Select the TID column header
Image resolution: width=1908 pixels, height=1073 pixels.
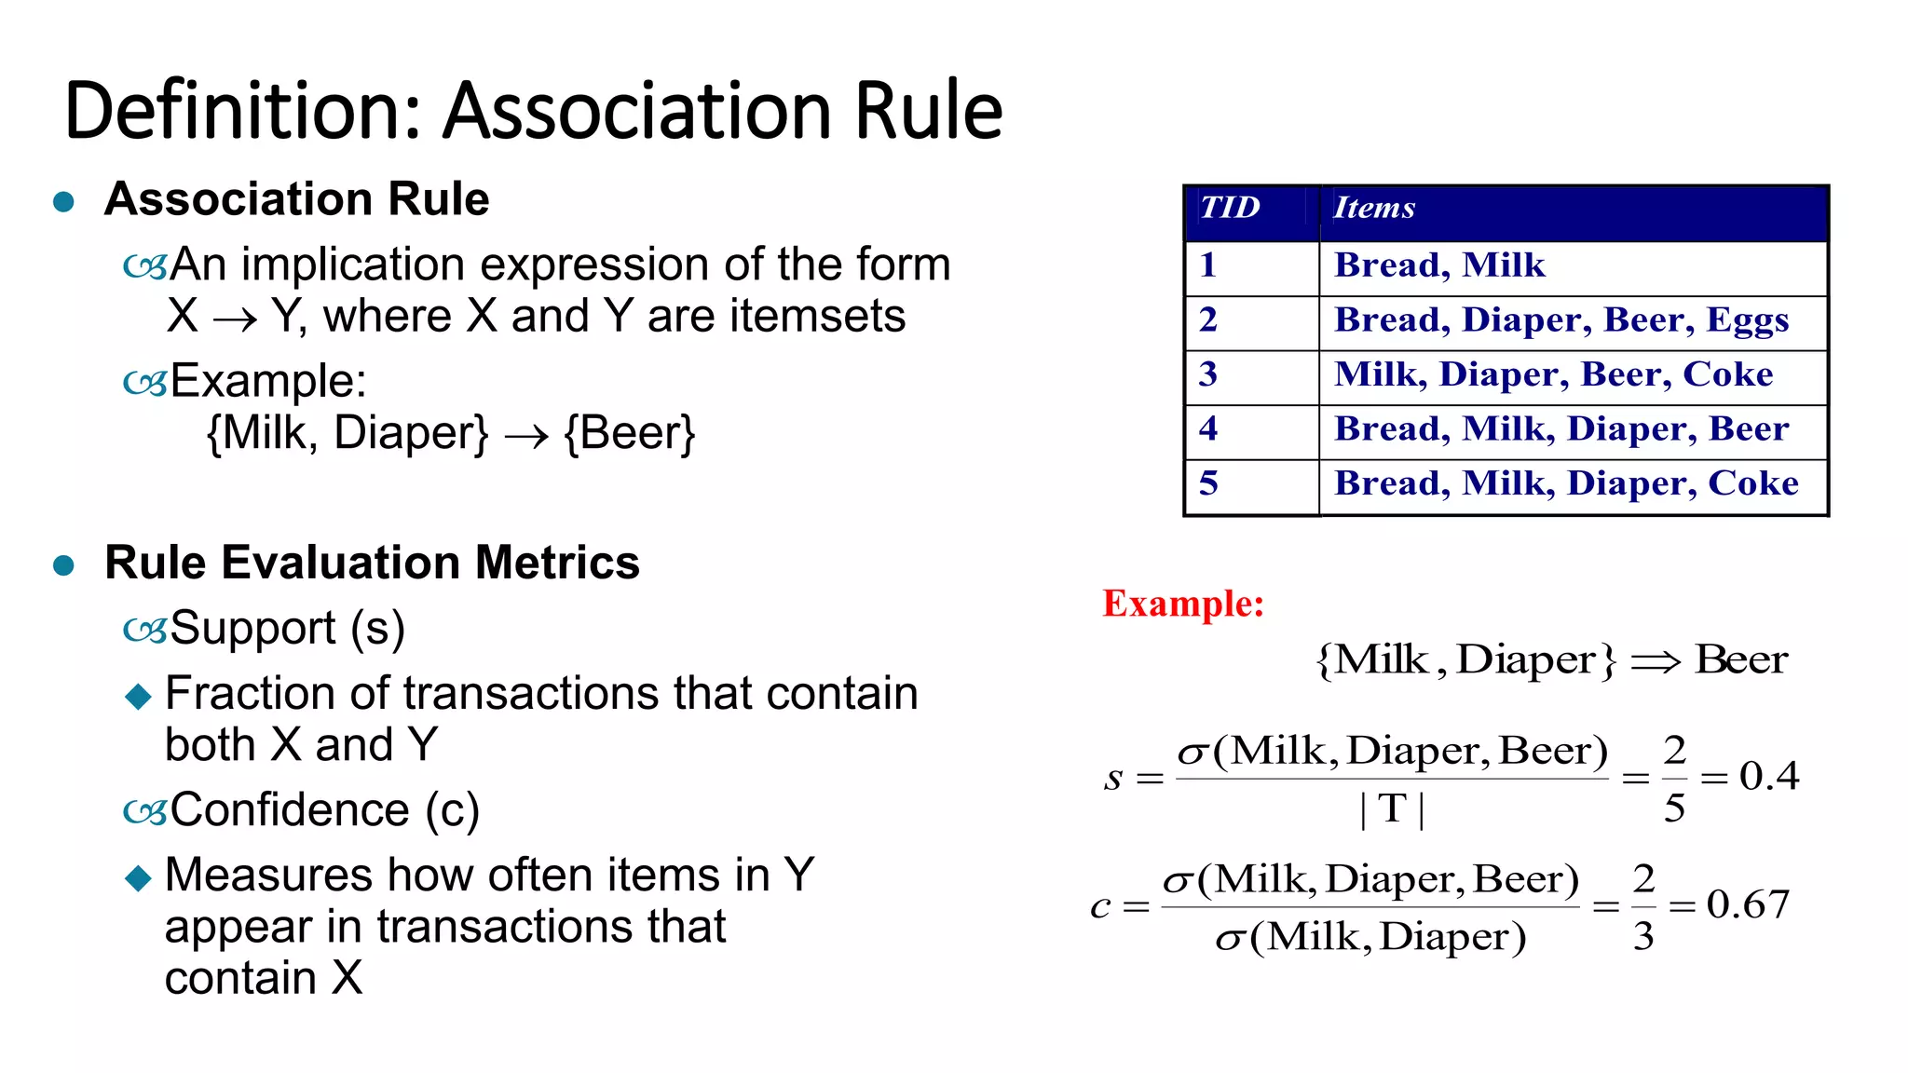(1230, 208)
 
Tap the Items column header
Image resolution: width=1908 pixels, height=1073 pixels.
(1374, 208)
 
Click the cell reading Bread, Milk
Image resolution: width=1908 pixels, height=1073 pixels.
(1439, 266)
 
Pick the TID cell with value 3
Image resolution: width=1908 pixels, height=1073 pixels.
(1208, 374)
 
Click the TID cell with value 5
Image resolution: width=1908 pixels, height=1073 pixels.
(1208, 483)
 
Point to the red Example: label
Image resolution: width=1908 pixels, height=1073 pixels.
(1183, 604)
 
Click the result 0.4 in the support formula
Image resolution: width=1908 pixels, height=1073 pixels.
(1768, 776)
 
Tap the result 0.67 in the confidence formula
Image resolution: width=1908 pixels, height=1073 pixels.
(1748, 904)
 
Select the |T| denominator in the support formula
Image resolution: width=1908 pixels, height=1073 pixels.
(1392, 808)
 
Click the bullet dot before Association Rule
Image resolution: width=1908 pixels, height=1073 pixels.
(63, 201)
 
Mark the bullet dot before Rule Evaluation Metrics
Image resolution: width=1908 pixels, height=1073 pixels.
(63, 564)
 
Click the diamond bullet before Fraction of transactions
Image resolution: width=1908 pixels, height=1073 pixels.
(138, 696)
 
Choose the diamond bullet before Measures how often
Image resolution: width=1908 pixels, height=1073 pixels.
(138, 877)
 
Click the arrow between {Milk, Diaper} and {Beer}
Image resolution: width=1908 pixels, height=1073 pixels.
(526, 436)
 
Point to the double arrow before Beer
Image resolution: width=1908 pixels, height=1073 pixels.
(1656, 662)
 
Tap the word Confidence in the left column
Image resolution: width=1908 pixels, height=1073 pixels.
(290, 809)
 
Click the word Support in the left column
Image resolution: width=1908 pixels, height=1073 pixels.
(252, 628)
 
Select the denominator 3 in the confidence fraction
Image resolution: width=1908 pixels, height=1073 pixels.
(1643, 936)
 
